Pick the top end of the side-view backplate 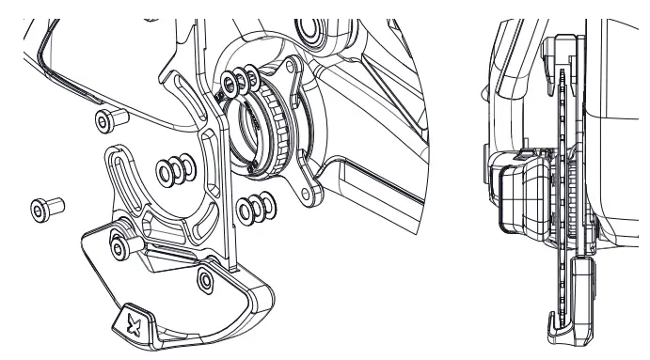point(563,42)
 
